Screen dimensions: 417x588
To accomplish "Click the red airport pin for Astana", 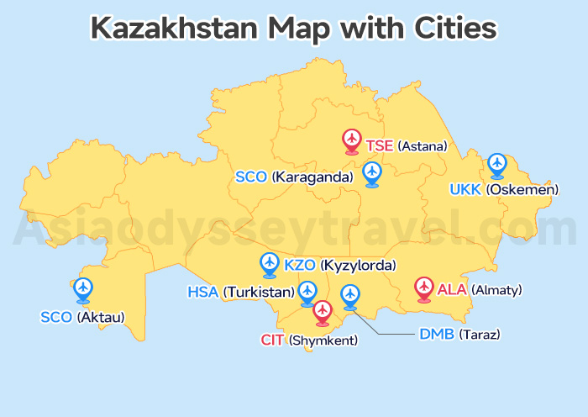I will [352, 140].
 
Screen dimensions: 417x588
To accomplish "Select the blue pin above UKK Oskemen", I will [497, 164].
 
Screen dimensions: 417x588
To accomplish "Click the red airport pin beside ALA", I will [424, 288].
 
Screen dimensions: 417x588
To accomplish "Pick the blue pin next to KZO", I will [270, 264].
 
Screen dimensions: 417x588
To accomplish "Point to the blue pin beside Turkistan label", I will [307, 292].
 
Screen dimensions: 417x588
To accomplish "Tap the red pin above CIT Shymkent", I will [323, 312].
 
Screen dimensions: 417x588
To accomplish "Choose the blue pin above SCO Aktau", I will [82, 289].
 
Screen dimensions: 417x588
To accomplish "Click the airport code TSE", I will [380, 146].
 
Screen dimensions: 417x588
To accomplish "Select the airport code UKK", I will [465, 190].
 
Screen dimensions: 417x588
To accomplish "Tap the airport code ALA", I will [452, 290].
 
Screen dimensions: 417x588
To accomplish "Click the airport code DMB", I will [437, 334].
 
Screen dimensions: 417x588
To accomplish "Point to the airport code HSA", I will [202, 293].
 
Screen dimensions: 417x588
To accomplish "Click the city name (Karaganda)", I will [312, 177].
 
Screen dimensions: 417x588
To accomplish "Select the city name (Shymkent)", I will [323, 340].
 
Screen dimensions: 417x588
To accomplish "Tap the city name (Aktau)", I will [100, 317].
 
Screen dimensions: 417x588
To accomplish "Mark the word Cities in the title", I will [456, 29].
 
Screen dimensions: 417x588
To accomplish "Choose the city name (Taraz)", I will [479, 334].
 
